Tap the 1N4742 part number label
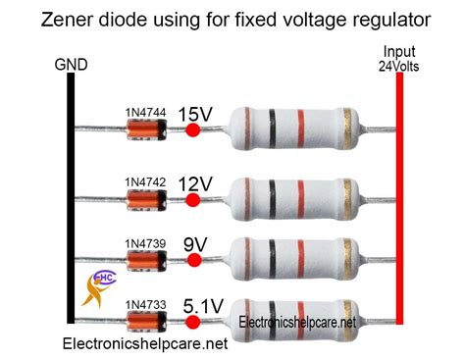pyautogui.click(x=145, y=182)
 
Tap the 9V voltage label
pyautogui.click(x=194, y=241)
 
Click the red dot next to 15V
pyautogui.click(x=193, y=130)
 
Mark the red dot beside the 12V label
pyautogui.click(x=193, y=199)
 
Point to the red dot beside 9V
pyautogui.click(x=193, y=260)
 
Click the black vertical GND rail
pyautogui.click(x=71, y=196)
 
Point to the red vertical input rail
pyautogui.click(x=399, y=196)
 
